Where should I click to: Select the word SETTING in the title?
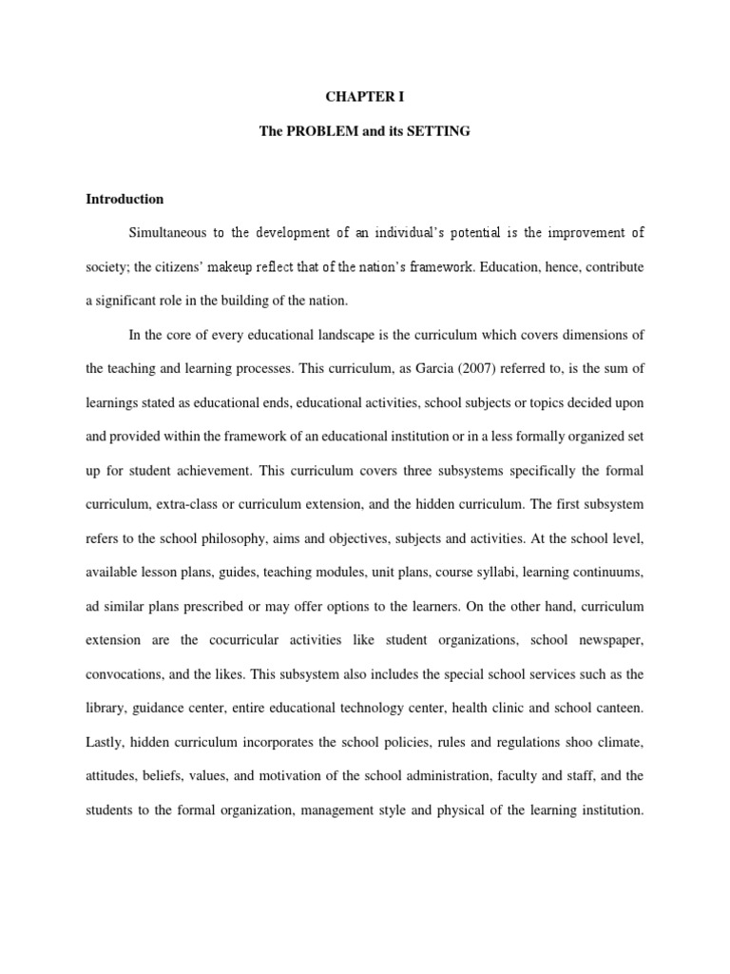(440, 130)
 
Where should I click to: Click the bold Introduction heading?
(125, 200)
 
